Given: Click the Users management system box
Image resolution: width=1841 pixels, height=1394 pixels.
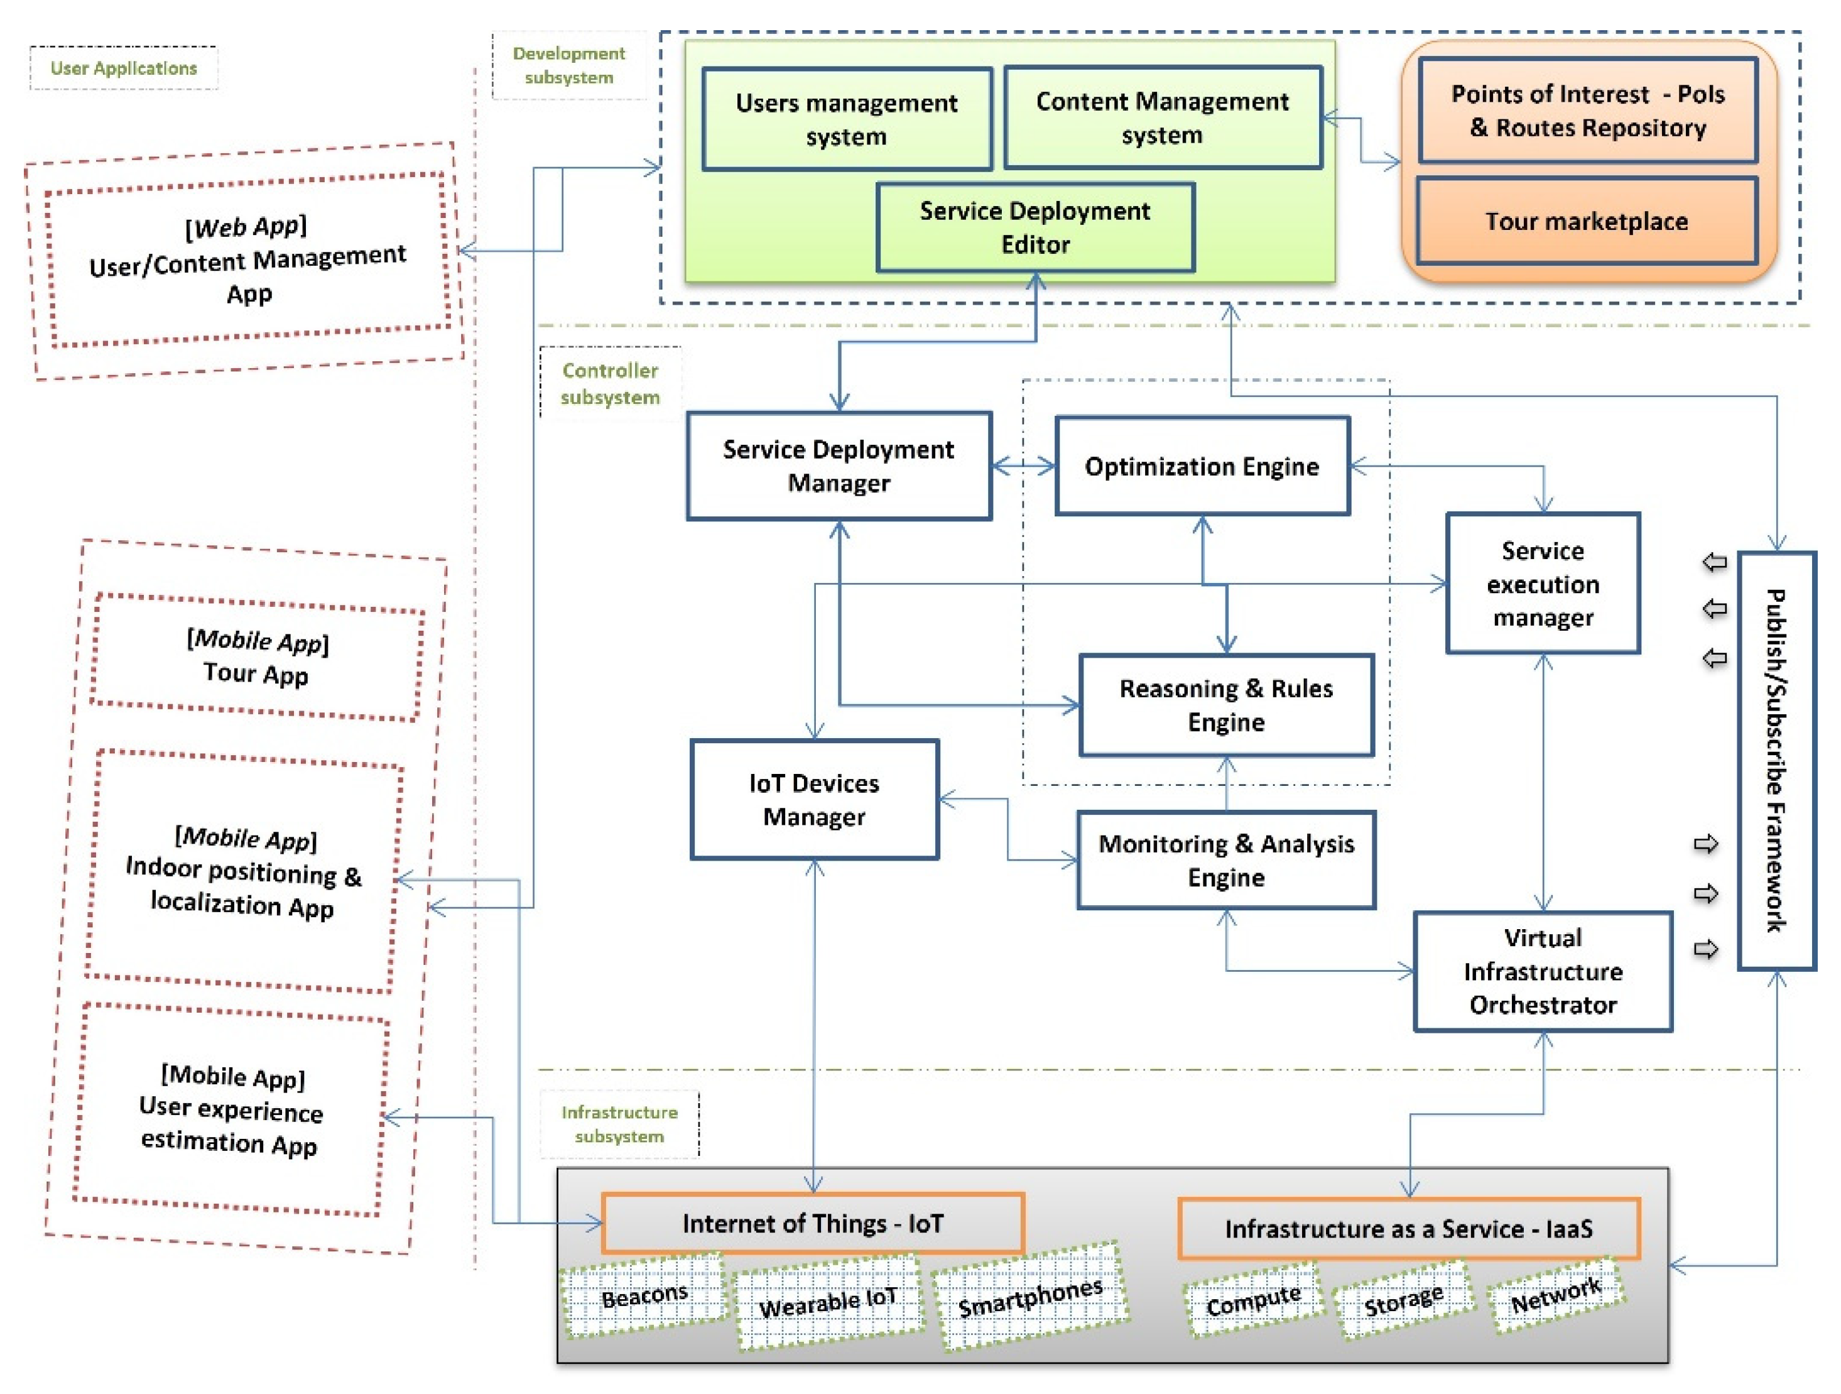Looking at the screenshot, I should (x=847, y=119).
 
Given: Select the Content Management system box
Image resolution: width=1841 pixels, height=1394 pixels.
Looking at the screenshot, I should (x=1162, y=118).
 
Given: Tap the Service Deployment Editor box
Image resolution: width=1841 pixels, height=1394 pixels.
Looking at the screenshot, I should (x=1035, y=227).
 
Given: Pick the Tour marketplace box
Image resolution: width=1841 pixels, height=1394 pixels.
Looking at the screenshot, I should (x=1587, y=221).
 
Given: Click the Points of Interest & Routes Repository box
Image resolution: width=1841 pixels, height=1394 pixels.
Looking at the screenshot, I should (x=1587, y=111).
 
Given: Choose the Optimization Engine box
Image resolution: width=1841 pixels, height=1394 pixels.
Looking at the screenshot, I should (x=1201, y=466).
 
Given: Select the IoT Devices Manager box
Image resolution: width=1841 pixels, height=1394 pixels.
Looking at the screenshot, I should (x=814, y=799).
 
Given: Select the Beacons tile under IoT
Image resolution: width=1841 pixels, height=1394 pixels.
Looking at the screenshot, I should (x=644, y=1296).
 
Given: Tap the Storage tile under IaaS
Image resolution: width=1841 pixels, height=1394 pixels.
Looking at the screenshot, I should (x=1403, y=1300).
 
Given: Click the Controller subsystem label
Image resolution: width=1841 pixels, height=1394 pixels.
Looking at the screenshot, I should (x=610, y=384).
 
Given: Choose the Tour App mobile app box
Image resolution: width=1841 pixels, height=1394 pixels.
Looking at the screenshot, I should (x=256, y=656).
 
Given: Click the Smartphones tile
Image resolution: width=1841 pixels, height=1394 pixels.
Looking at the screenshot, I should (x=1029, y=1296).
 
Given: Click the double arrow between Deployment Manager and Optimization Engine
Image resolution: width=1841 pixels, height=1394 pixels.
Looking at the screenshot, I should (x=1023, y=466).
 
